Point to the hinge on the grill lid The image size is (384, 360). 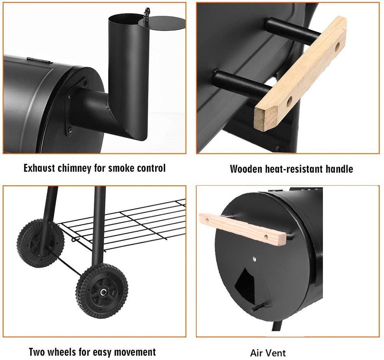40,60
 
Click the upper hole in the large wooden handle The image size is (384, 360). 337,47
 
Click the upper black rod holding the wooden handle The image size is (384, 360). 293,32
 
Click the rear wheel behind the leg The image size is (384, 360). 40,243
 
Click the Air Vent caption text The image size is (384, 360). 268,353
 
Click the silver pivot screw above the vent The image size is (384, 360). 255,259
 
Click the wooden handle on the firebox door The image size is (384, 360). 242,229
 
